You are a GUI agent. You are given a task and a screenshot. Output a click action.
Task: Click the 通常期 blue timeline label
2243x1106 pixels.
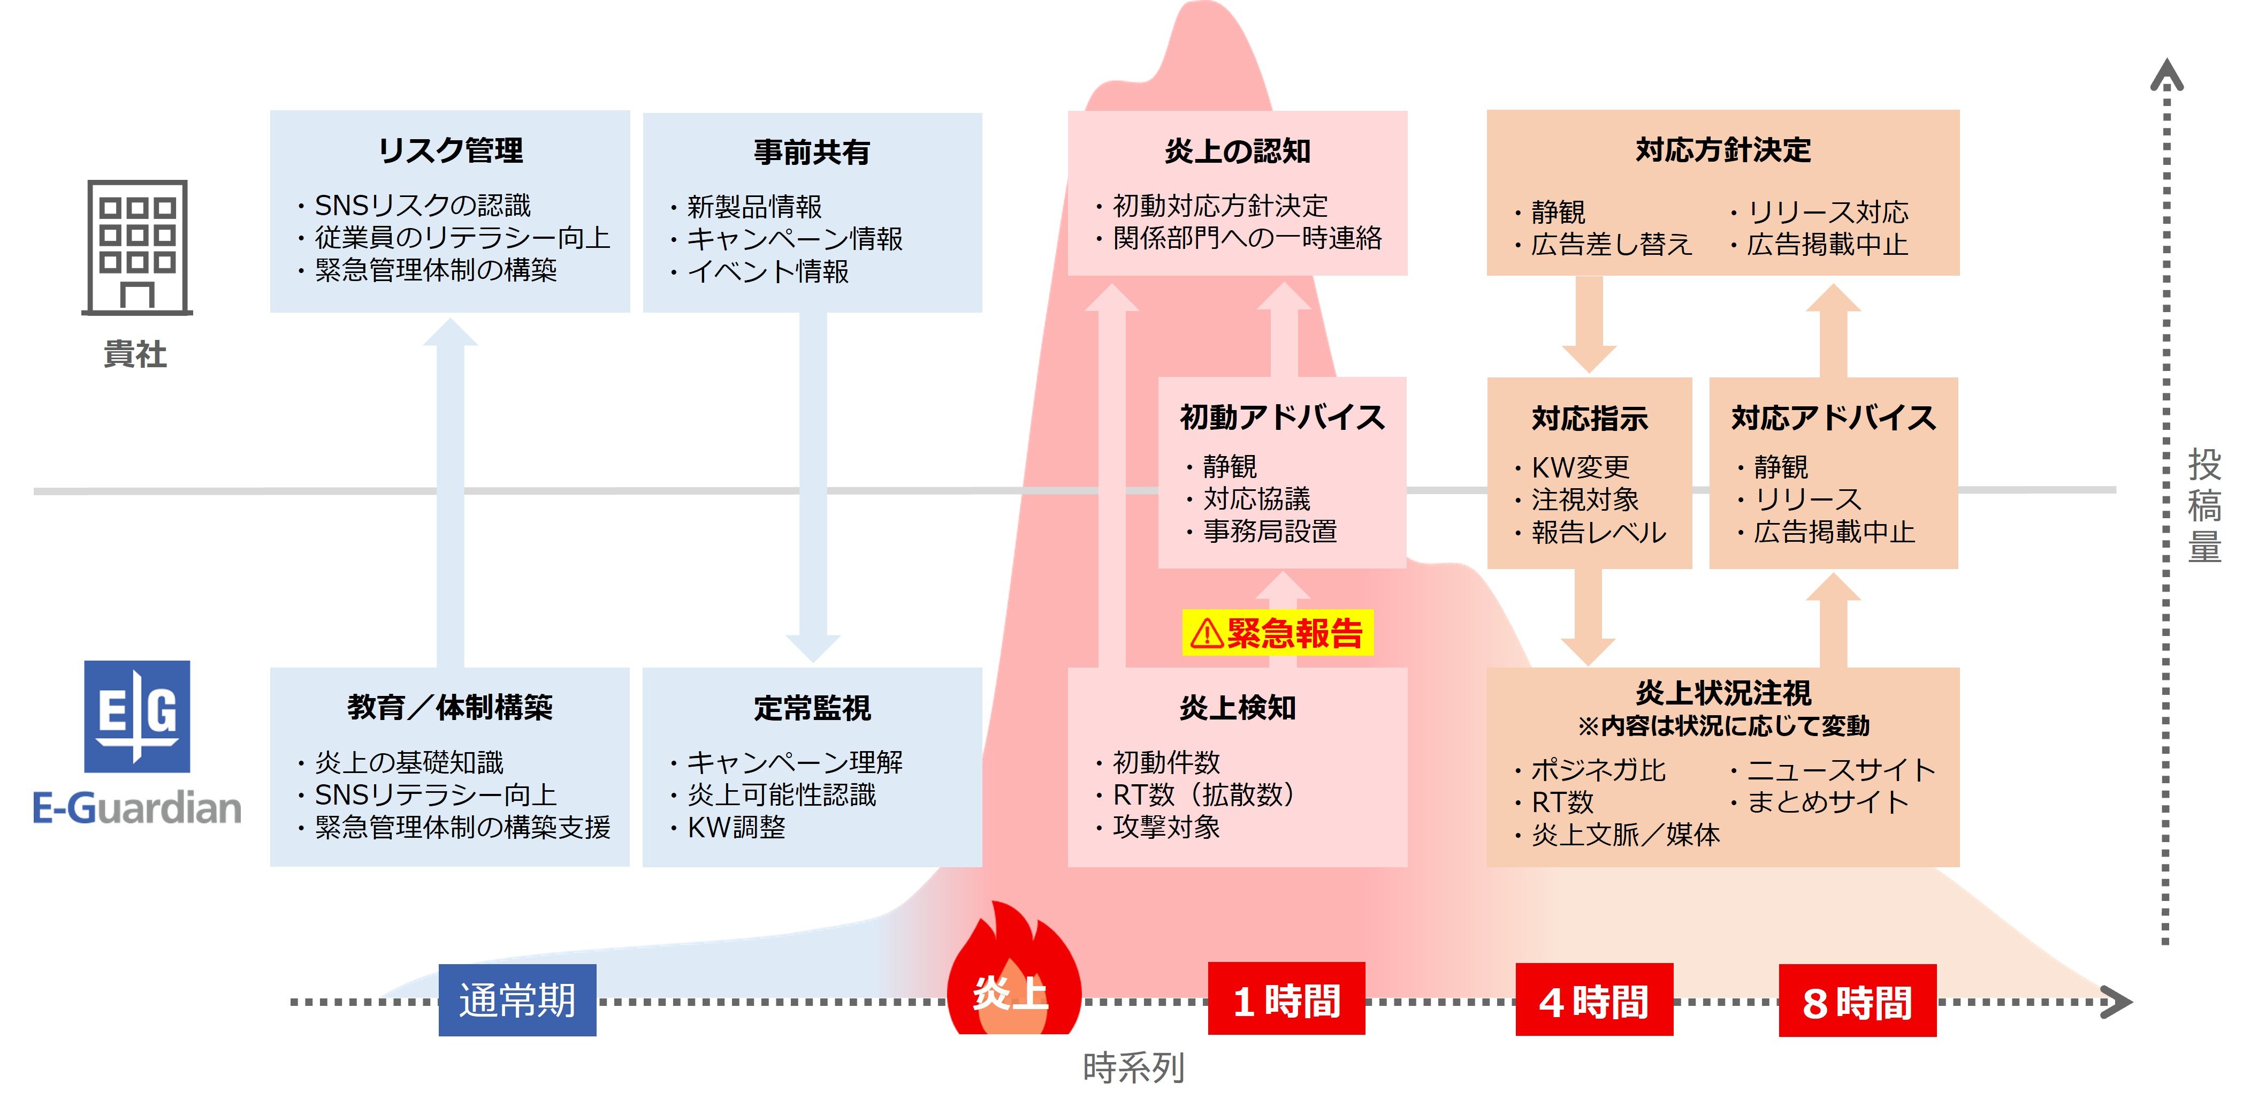tap(517, 1000)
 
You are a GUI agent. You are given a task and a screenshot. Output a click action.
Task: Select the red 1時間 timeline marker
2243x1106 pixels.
tap(1286, 1000)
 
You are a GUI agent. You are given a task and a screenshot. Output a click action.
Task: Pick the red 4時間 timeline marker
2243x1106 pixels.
tap(1593, 1000)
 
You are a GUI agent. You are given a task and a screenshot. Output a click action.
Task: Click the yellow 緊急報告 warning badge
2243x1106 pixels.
tap(1277, 633)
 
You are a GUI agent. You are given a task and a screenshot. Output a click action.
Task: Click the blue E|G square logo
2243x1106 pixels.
tap(136, 716)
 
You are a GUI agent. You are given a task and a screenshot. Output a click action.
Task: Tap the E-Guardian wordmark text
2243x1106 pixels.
tap(136, 808)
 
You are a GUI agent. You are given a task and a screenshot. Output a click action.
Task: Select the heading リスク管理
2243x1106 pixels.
tap(450, 150)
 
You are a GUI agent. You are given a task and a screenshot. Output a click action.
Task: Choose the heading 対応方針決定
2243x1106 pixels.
tap(1722, 150)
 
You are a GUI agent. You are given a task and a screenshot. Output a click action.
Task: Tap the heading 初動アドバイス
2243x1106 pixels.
tap(1281, 417)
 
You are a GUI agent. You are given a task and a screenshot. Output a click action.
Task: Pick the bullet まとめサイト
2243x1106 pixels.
tap(1827, 802)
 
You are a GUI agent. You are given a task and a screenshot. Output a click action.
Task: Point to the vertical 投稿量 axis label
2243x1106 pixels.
tap(2204, 505)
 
